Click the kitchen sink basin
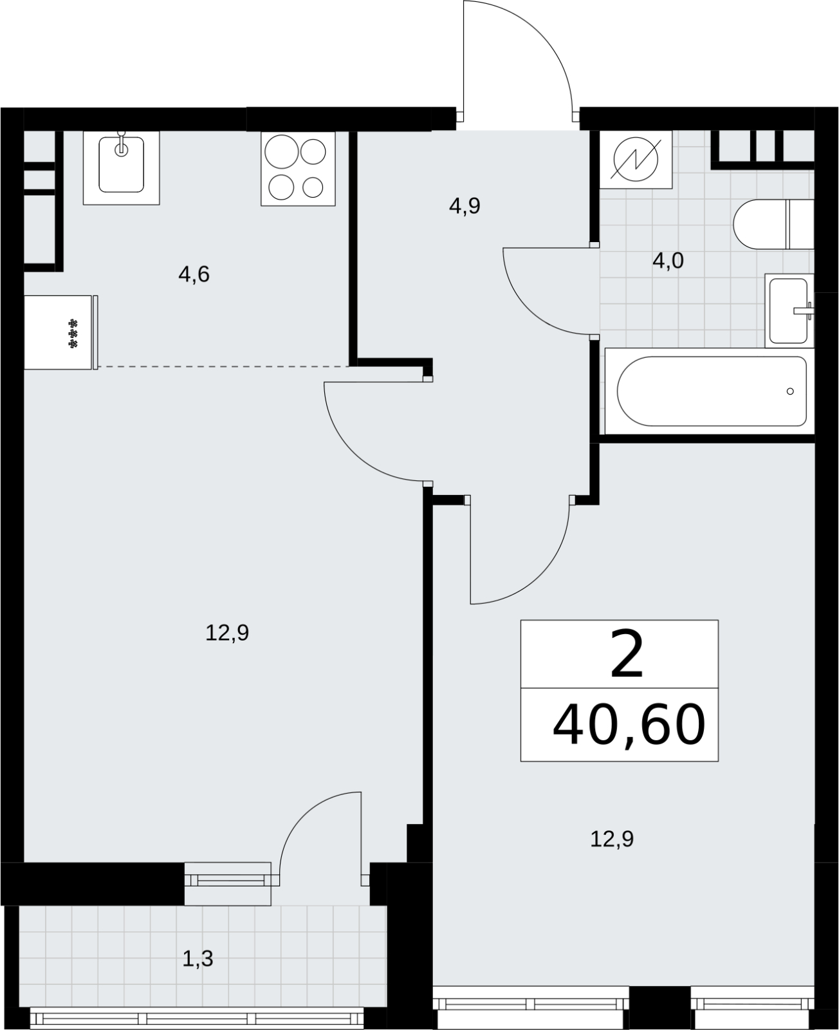[122, 164]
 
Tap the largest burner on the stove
[282, 151]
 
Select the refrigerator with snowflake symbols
[58, 332]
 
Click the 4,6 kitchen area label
[194, 275]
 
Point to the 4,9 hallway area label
[465, 207]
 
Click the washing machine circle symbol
[636, 160]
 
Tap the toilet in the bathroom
[774, 224]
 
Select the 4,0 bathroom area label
[668, 261]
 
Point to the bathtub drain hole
[790, 391]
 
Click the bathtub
[710, 391]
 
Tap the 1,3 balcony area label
[198, 958]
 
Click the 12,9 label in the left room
[227, 633]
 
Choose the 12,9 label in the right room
[612, 839]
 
